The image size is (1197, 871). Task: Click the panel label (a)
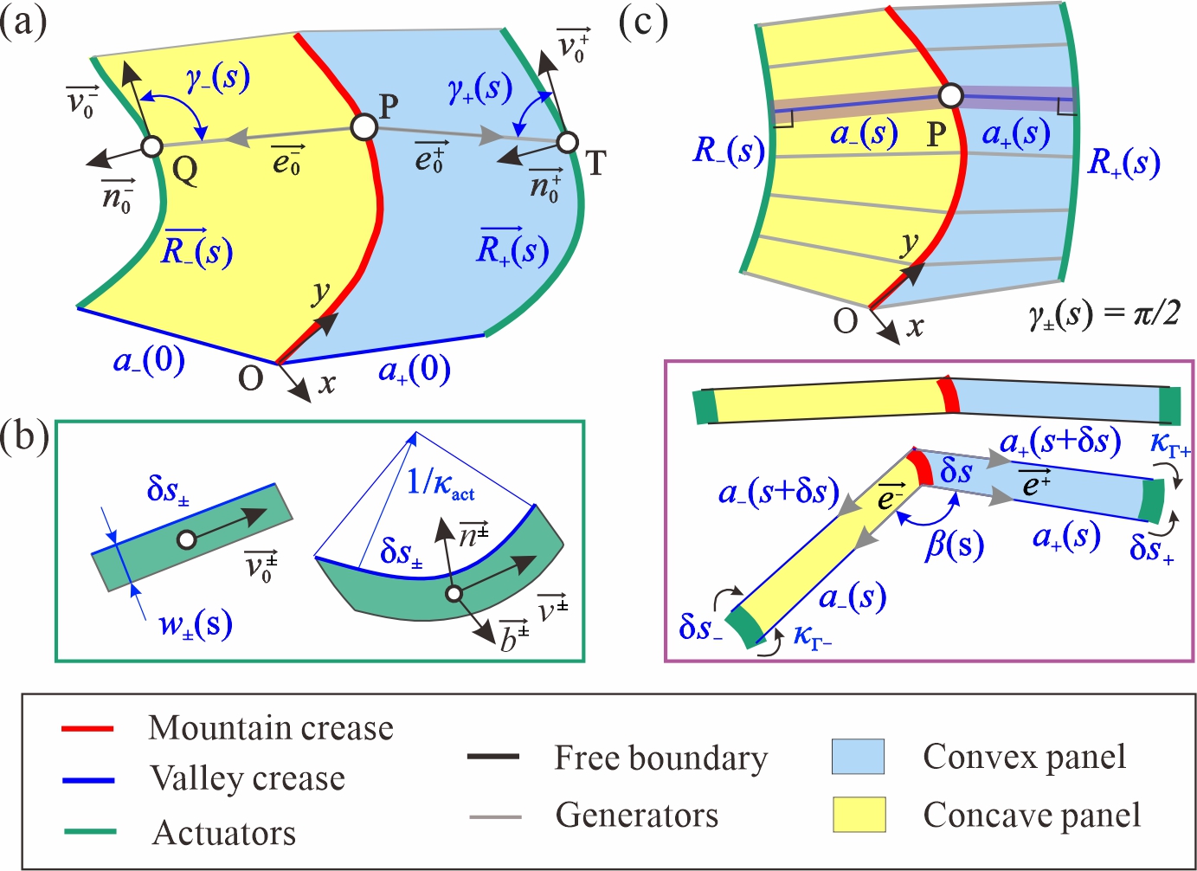pyautogui.click(x=23, y=22)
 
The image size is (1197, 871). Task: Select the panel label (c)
pyautogui.click(x=643, y=22)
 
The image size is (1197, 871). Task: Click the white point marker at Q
pyautogui.click(x=151, y=145)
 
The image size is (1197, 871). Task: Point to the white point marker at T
pyautogui.click(x=568, y=141)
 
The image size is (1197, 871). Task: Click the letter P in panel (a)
pyautogui.click(x=389, y=106)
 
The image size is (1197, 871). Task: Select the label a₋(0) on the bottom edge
pyautogui.click(x=149, y=359)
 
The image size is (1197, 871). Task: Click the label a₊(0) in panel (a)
pyautogui.click(x=415, y=371)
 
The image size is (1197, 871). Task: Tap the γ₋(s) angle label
pyautogui.click(x=218, y=80)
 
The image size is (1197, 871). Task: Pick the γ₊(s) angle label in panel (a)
pyautogui.click(x=479, y=87)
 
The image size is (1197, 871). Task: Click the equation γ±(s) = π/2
pyautogui.click(x=1104, y=313)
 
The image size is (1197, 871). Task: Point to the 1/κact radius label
pyautogui.click(x=441, y=481)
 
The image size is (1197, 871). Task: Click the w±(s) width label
pyautogui.click(x=196, y=623)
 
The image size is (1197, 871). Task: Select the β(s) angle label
pyautogui.click(x=955, y=545)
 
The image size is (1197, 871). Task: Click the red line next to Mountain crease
pyautogui.click(x=88, y=729)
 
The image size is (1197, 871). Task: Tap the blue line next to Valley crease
pyautogui.click(x=88, y=780)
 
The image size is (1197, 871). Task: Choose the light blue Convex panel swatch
pyautogui.click(x=858, y=757)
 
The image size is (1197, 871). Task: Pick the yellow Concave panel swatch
pyautogui.click(x=858, y=815)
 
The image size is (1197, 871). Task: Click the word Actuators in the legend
pyautogui.click(x=224, y=833)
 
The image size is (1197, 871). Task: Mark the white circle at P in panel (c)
pyautogui.click(x=951, y=95)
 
